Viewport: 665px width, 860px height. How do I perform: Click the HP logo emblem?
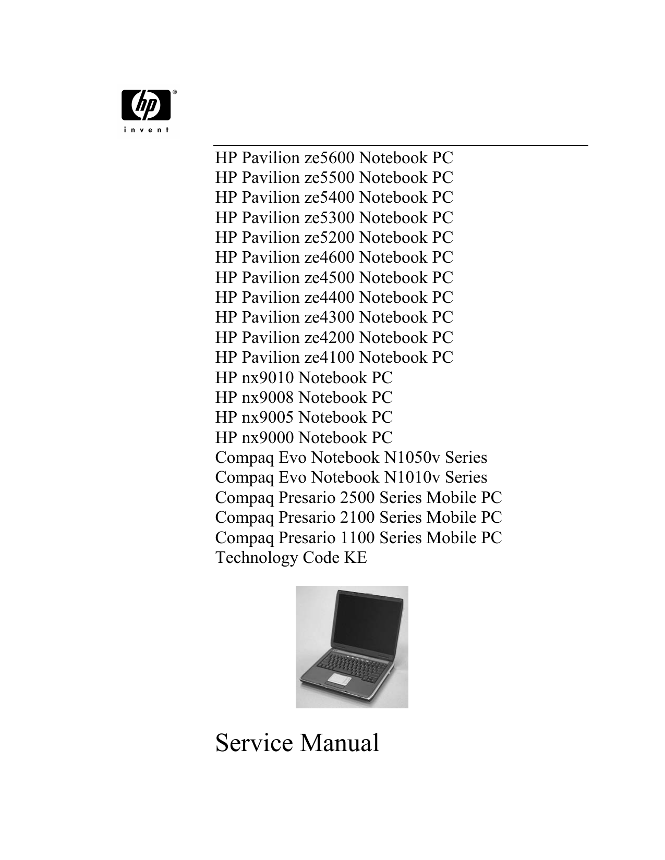coord(146,105)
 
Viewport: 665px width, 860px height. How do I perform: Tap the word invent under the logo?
coord(146,130)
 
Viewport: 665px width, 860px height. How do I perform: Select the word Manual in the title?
coord(340,742)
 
